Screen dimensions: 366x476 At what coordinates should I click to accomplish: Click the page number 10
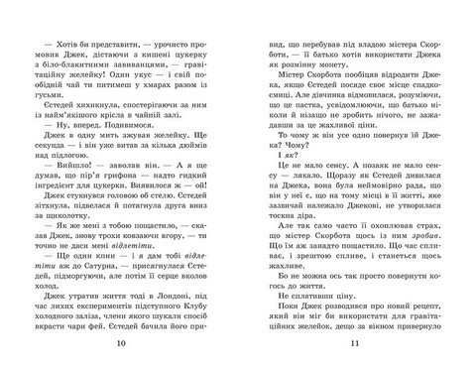coord(121,343)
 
